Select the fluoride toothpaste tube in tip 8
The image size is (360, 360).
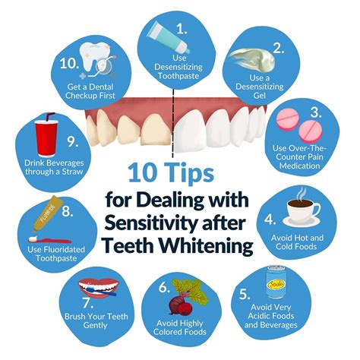[x=46, y=220]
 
